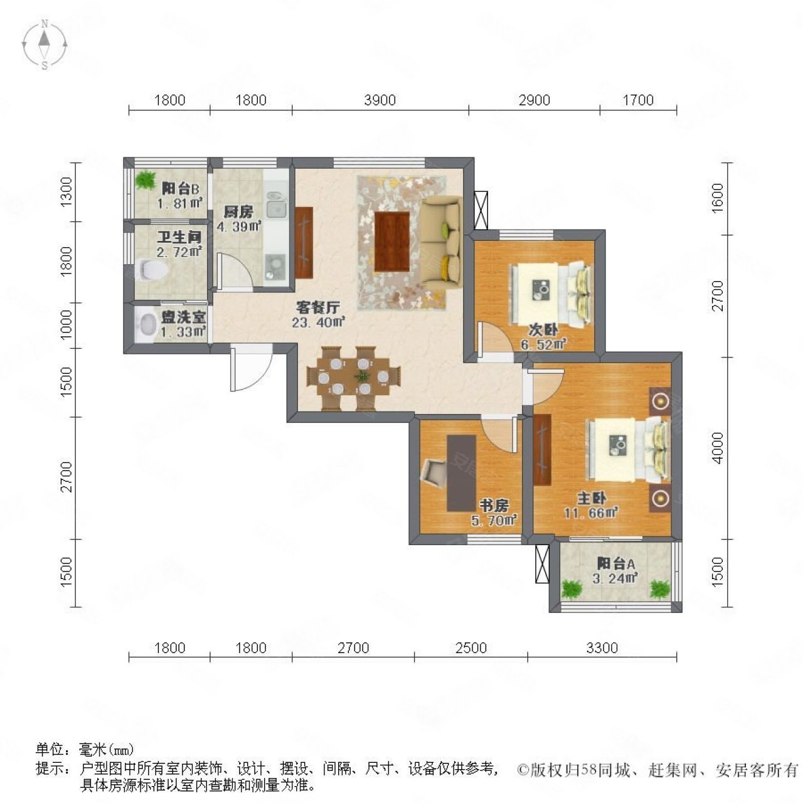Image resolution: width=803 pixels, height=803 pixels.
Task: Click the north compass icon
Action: click(x=45, y=44)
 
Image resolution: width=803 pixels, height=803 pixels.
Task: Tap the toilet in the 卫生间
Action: click(x=151, y=270)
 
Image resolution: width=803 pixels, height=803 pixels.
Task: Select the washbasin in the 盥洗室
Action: click(x=147, y=325)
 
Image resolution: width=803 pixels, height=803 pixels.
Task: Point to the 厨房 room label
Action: click(x=238, y=212)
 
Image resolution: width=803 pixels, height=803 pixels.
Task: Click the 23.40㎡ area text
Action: click(x=319, y=323)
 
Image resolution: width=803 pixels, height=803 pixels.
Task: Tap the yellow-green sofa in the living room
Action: click(x=441, y=242)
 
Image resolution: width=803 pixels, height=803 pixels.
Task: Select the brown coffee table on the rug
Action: click(x=391, y=241)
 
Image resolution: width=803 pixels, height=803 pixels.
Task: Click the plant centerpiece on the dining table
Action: click(x=362, y=377)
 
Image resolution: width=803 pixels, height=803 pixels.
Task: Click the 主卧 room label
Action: click(x=591, y=499)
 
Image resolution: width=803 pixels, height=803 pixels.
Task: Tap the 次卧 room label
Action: click(x=543, y=330)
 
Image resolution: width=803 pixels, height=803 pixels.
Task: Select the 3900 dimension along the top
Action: click(x=380, y=100)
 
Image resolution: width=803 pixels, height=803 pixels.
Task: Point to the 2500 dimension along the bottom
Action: click(x=471, y=647)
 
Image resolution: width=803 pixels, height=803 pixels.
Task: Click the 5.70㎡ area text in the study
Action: click(x=494, y=519)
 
